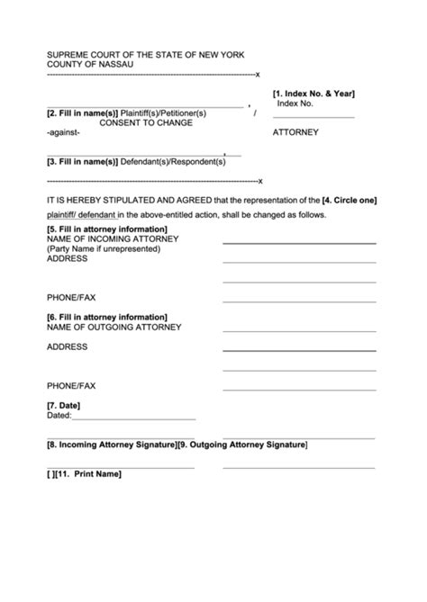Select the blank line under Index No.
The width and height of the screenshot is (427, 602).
pyautogui.click(x=313, y=117)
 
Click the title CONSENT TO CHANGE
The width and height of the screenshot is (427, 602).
pyautogui.click(x=146, y=122)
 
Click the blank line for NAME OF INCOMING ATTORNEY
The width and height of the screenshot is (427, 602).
pyautogui.click(x=299, y=243)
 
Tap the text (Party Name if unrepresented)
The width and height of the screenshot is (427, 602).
pyautogui.click(x=104, y=248)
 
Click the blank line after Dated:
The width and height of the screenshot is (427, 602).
pyautogui.click(x=132, y=419)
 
